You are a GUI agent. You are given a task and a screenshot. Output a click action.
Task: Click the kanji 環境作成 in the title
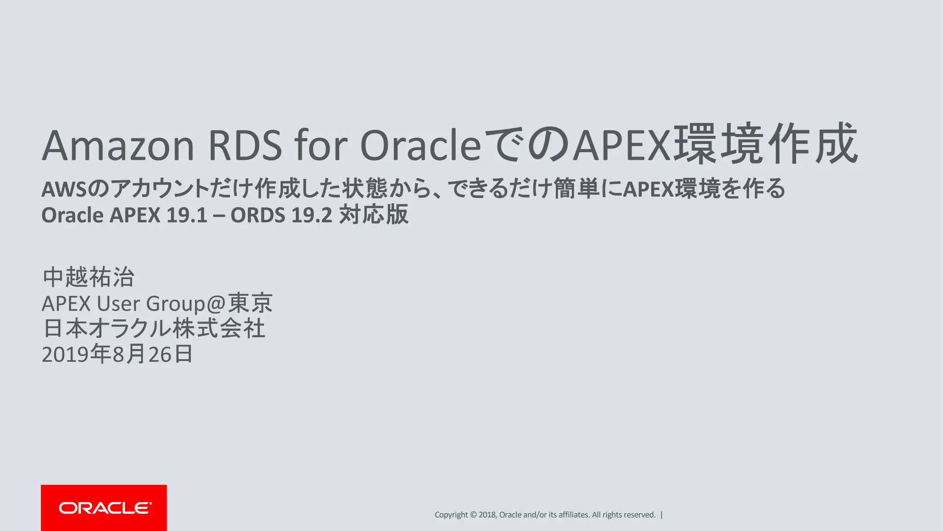(x=765, y=144)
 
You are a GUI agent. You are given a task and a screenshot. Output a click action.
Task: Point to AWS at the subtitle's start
(x=64, y=189)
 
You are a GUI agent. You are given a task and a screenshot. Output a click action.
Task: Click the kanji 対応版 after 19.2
(x=373, y=215)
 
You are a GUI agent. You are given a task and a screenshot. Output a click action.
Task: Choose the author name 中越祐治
(x=88, y=277)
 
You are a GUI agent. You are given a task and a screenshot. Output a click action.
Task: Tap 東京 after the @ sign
(x=250, y=303)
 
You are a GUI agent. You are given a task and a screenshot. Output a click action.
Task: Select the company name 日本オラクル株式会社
(x=154, y=329)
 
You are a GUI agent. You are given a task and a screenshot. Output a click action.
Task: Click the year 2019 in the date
(x=65, y=354)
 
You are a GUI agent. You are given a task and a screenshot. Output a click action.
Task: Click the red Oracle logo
(x=104, y=507)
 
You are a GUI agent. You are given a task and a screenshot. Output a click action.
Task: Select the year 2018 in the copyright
(x=487, y=515)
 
